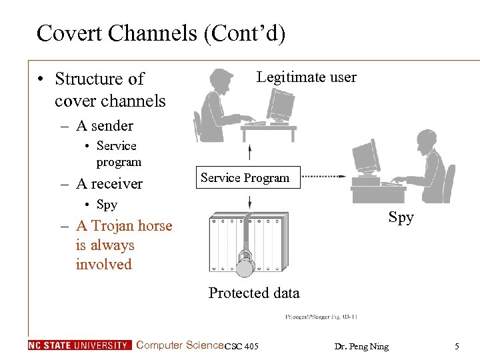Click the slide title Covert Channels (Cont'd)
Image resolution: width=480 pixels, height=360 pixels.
pyautogui.click(x=161, y=33)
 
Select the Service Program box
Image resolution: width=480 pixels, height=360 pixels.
pyautogui.click(x=245, y=178)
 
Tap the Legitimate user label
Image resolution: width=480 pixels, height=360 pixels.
pyautogui.click(x=306, y=77)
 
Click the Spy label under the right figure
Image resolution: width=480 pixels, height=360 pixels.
pyautogui.click(x=401, y=217)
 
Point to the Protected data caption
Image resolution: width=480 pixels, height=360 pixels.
pyautogui.click(x=254, y=293)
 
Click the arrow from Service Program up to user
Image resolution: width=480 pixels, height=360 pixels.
pyautogui.click(x=249, y=151)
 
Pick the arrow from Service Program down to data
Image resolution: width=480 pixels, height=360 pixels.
pyautogui.click(x=249, y=201)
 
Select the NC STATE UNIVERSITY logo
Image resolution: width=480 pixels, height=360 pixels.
pyautogui.click(x=80, y=345)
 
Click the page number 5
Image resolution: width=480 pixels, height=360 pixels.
pyautogui.click(x=457, y=346)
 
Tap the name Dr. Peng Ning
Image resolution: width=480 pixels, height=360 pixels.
pyautogui.click(x=362, y=346)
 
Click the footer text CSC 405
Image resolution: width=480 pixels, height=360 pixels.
pyautogui.click(x=241, y=347)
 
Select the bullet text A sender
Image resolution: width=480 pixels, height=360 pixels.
pyautogui.click(x=104, y=125)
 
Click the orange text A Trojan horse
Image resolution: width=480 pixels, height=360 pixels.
pyautogui.click(x=123, y=226)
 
